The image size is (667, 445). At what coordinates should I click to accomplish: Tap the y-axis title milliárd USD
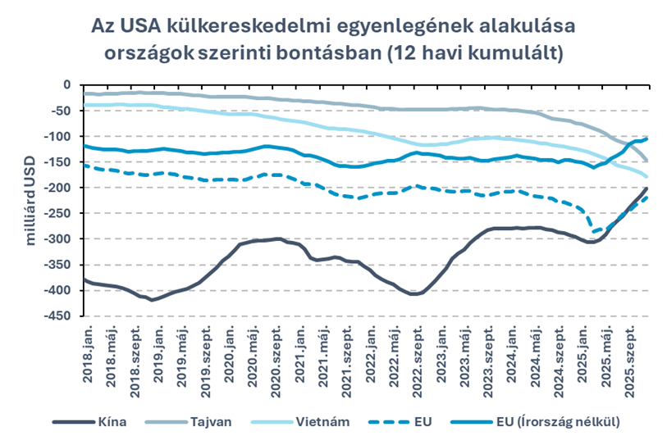pos(32,201)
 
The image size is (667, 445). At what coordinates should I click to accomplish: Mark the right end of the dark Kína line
pos(646,189)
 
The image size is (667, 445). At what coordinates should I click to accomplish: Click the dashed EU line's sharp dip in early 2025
pos(590,232)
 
